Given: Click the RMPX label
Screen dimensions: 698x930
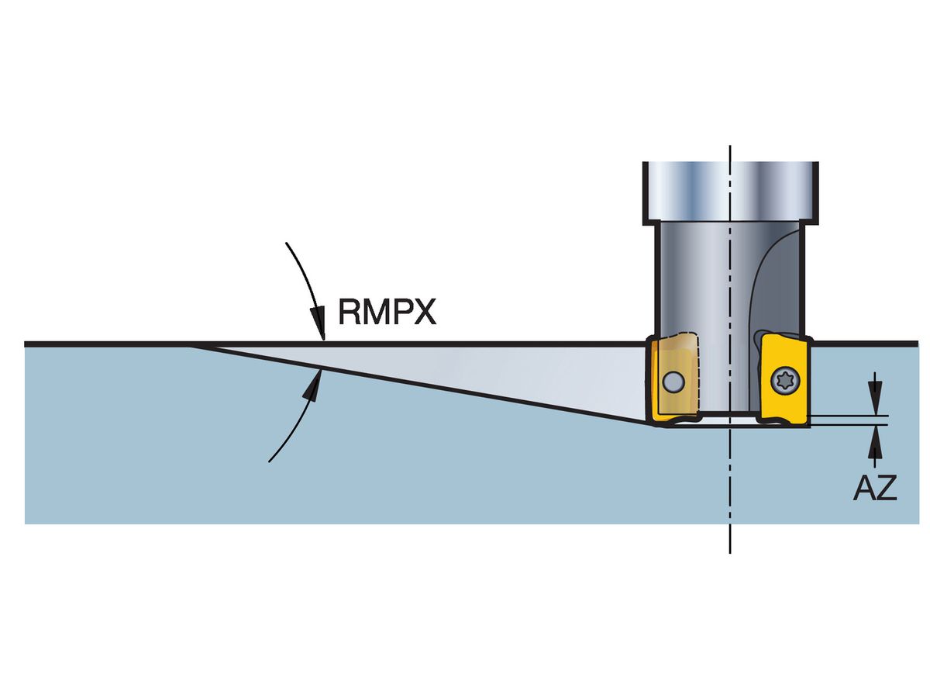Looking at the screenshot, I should [387, 313].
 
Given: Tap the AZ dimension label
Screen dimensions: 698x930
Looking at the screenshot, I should [875, 489].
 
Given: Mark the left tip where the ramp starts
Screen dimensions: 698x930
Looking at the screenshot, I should [194, 345].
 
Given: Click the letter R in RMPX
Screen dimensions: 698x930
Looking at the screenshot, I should [349, 313].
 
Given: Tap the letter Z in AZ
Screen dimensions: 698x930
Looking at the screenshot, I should [887, 489].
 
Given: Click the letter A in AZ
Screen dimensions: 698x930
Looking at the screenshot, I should [864, 489].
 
